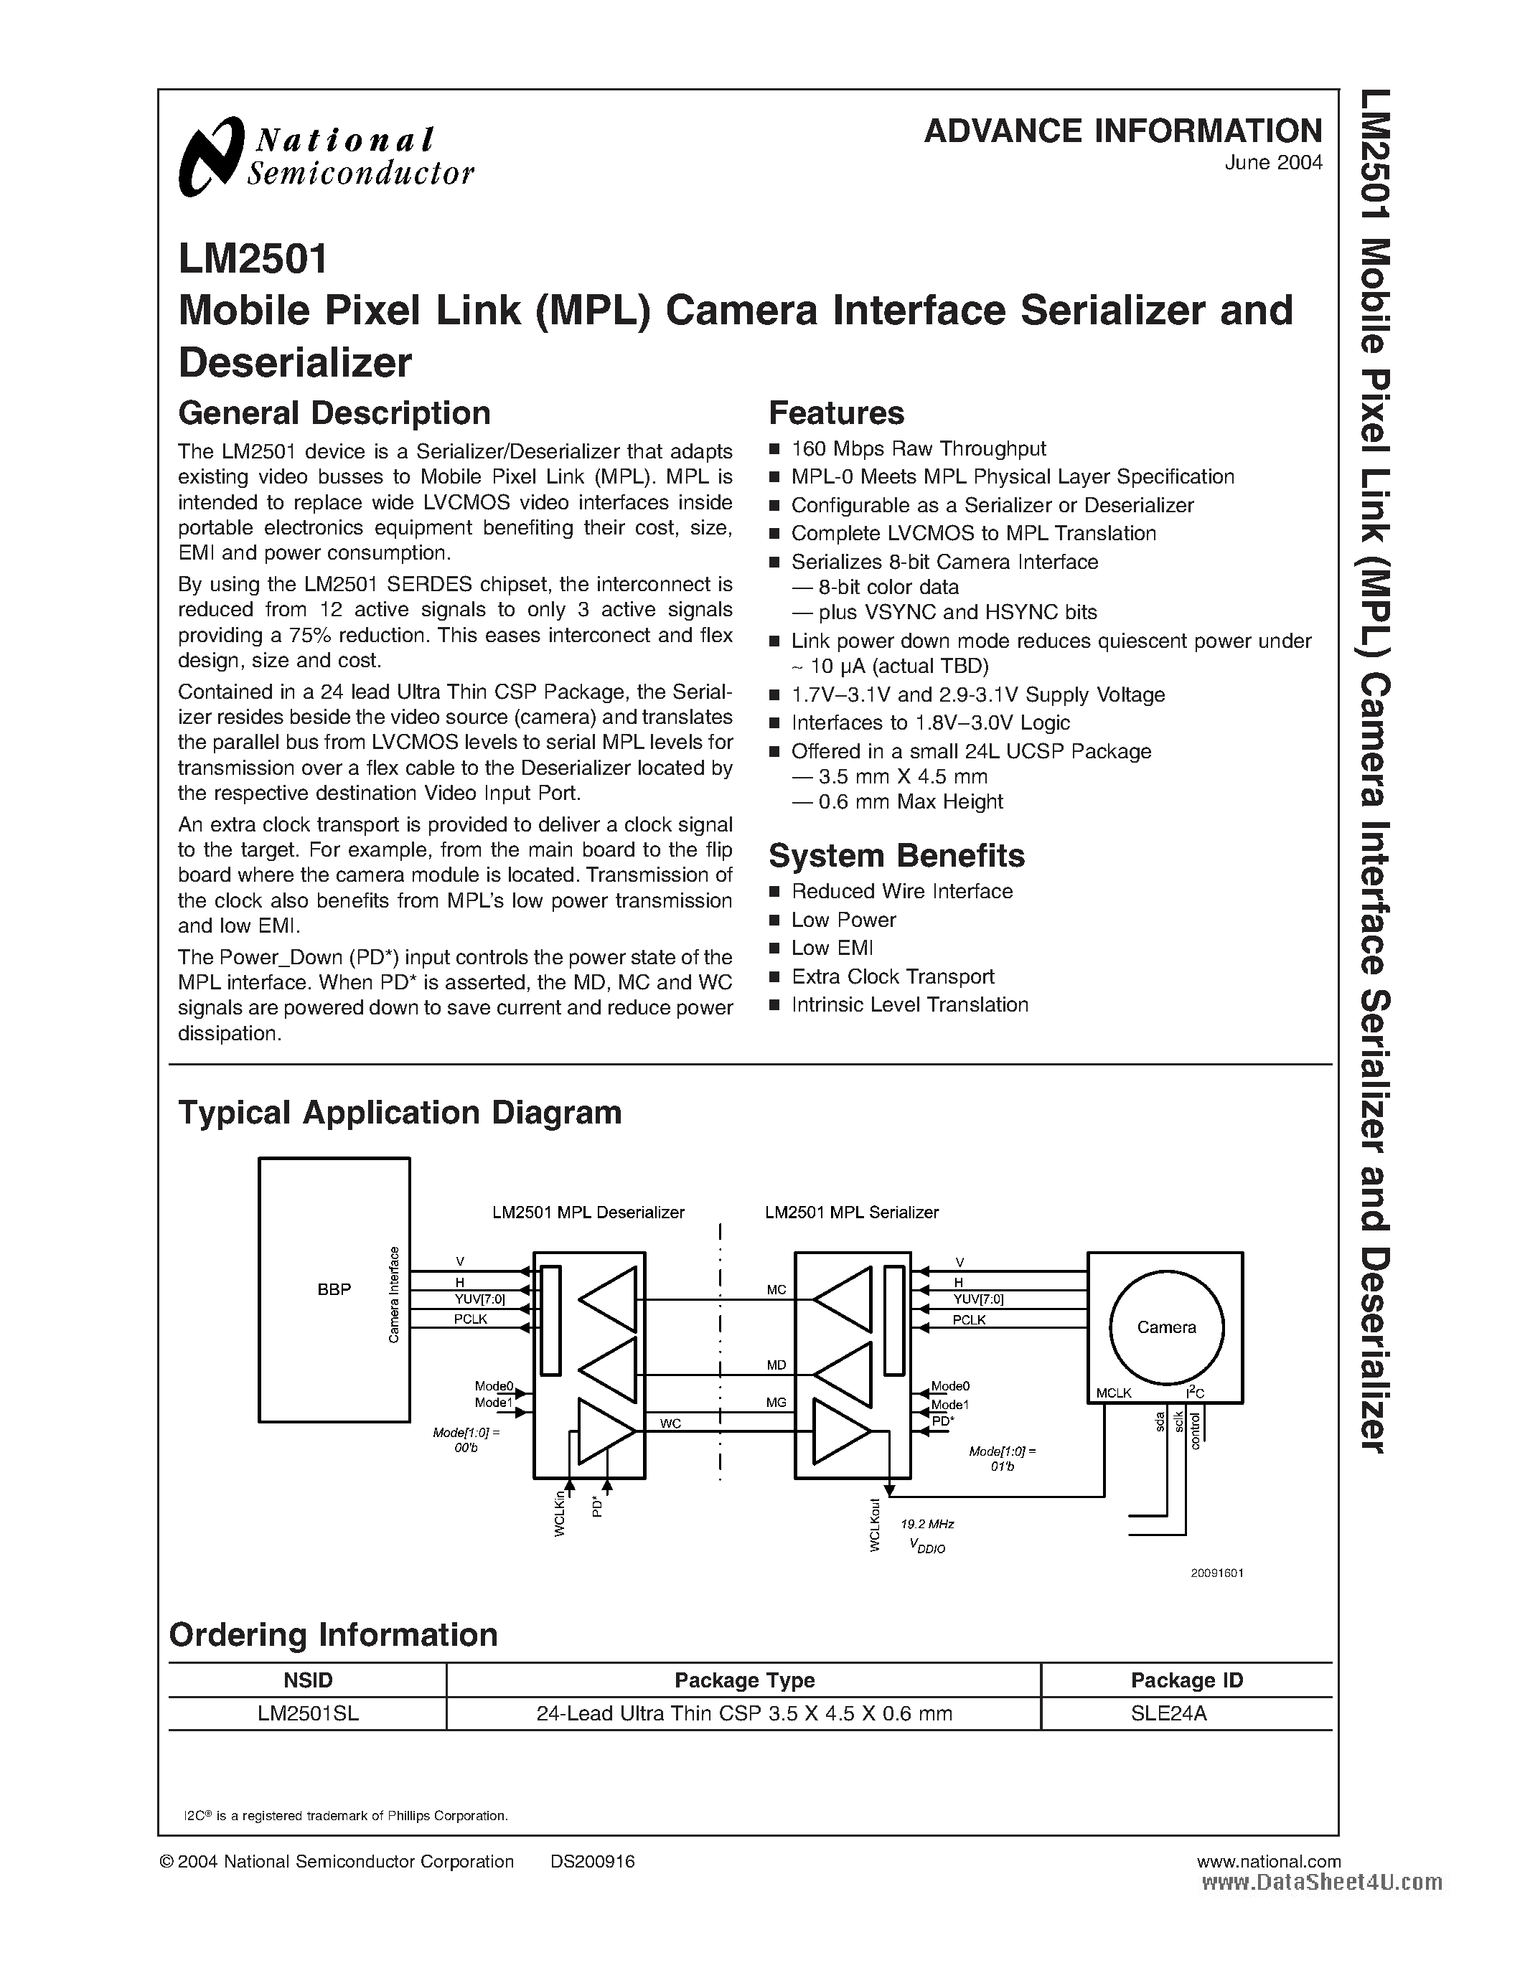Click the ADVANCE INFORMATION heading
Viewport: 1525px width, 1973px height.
[1122, 132]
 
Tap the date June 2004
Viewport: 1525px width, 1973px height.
[1273, 164]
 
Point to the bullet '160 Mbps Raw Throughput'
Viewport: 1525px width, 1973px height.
[918, 449]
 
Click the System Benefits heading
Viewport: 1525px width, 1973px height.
[896, 855]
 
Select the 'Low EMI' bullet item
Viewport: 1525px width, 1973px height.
[832, 948]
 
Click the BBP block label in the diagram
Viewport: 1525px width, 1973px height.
[334, 1290]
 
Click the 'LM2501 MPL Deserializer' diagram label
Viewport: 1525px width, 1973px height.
[588, 1212]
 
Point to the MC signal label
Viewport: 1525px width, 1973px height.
[776, 1290]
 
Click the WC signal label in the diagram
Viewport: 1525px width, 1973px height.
[670, 1423]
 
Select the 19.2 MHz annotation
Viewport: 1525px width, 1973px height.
[928, 1524]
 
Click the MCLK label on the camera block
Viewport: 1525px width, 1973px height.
[1114, 1393]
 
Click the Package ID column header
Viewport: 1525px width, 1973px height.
[1186, 1680]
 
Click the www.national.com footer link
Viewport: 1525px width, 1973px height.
[1268, 1862]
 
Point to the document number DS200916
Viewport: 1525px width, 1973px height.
[593, 1862]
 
